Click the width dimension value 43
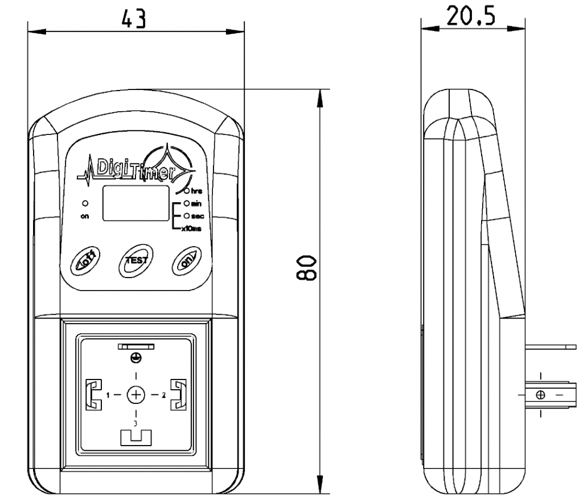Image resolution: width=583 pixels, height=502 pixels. (134, 18)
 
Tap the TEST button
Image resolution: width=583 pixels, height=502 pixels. (136, 260)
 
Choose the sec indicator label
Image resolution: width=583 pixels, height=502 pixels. (197, 216)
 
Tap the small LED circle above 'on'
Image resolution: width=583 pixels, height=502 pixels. (85, 203)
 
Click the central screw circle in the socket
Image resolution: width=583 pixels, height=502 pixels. (136, 394)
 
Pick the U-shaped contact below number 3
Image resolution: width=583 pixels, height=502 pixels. (136, 438)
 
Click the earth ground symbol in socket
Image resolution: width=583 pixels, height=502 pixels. (136, 357)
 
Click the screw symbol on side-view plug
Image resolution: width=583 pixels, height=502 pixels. (540, 394)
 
